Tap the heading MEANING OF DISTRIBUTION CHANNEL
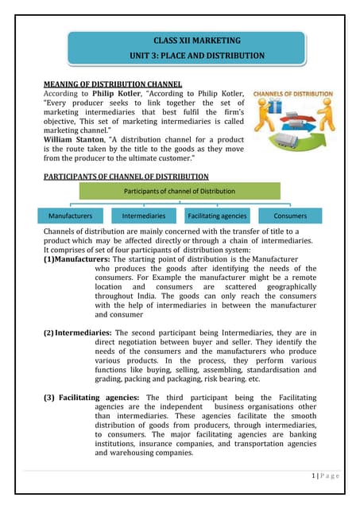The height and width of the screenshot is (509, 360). point(112,84)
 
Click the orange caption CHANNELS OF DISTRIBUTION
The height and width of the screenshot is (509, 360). point(292,93)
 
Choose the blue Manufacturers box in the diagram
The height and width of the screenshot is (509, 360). point(70,216)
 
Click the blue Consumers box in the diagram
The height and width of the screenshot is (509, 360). point(290,216)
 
